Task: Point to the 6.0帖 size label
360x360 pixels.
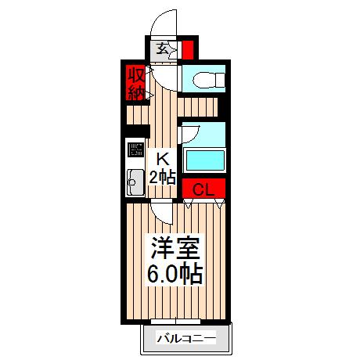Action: click(175, 275)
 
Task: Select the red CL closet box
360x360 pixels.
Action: click(203, 189)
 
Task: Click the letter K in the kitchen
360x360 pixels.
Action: click(164, 158)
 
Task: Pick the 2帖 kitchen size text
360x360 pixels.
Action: click(164, 176)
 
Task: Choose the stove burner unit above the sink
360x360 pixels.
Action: click(134, 150)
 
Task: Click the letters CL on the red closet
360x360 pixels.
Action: click(203, 189)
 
